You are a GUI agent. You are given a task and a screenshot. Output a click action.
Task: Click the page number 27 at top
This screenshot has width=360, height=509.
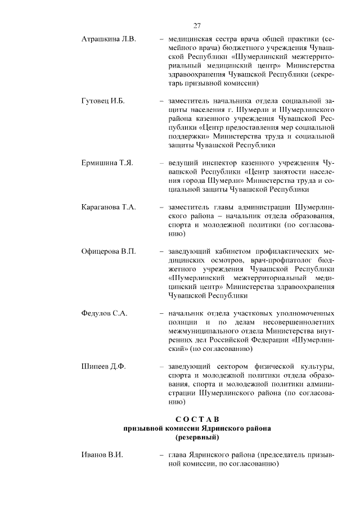tap(197, 25)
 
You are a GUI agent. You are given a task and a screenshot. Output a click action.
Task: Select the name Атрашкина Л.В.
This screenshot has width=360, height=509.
tap(109, 40)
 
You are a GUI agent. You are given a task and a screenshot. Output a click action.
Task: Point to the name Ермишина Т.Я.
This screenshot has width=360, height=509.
tap(107, 163)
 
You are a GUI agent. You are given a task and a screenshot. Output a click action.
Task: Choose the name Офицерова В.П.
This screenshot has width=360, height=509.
tap(109, 251)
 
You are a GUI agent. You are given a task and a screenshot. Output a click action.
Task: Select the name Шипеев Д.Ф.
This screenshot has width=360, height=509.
tap(103, 367)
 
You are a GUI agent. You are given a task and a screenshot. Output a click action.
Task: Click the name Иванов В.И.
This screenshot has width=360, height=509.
tap(102, 454)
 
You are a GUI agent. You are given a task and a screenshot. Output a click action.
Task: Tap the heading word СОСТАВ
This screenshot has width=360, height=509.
tap(197, 418)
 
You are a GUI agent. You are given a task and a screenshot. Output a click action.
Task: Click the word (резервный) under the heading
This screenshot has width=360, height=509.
tap(197, 436)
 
